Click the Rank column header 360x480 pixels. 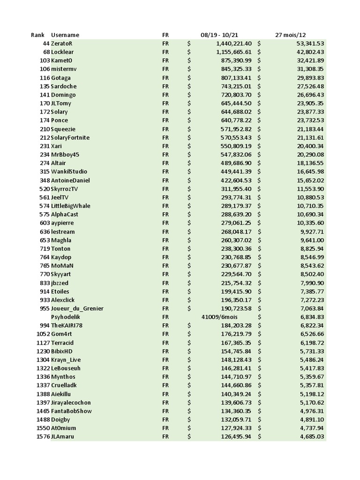[37, 35]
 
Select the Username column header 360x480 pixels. [65, 35]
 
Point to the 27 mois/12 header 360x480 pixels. [291, 35]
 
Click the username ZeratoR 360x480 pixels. [62, 44]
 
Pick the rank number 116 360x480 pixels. [45, 78]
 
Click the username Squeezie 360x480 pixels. [63, 129]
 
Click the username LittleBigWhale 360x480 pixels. [71, 206]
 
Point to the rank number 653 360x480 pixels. [45, 240]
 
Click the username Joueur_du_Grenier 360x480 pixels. [77, 308]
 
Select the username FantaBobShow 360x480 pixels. [71, 411]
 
